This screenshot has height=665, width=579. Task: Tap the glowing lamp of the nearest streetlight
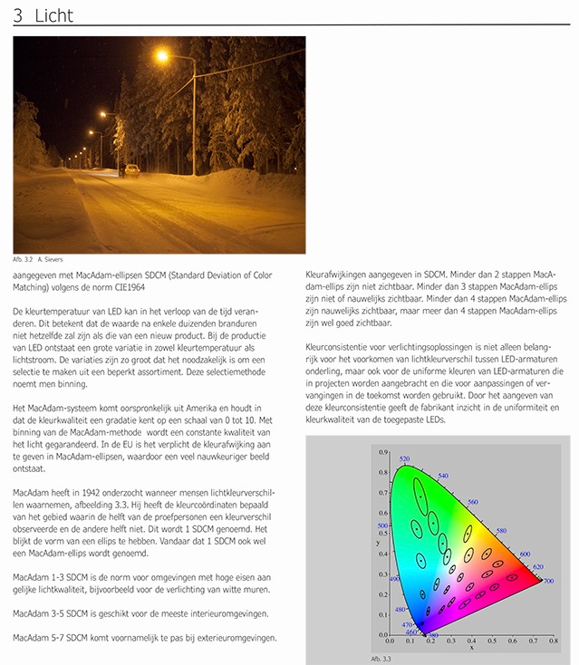click(162, 56)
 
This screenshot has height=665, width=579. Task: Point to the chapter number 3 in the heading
click(17, 14)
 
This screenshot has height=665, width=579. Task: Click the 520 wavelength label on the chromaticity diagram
click(404, 459)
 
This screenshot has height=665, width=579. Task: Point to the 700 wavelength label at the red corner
click(547, 581)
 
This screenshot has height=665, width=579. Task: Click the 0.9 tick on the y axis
click(382, 452)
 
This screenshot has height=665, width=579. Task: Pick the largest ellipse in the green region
click(420, 496)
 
